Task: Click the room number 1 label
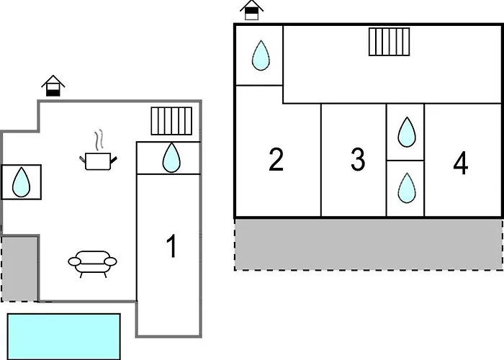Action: point(172,246)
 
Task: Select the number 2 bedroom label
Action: point(276,159)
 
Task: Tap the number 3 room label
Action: point(358,159)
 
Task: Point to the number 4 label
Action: point(461,163)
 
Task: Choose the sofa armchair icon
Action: point(93,264)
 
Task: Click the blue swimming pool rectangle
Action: point(63,336)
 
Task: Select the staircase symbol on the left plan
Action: point(171,121)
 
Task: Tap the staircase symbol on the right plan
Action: point(390,42)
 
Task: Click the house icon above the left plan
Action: point(53,86)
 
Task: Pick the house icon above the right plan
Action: point(252,10)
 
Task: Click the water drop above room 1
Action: point(171,158)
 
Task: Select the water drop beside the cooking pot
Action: point(21,182)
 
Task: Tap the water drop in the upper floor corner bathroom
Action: point(261,55)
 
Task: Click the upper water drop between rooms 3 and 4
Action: point(407,132)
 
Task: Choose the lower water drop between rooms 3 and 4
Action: point(407,188)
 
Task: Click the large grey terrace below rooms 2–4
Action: point(369,244)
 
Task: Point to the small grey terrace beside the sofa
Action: point(19,269)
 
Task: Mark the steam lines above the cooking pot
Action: point(99,140)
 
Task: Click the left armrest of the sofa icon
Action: point(74,261)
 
